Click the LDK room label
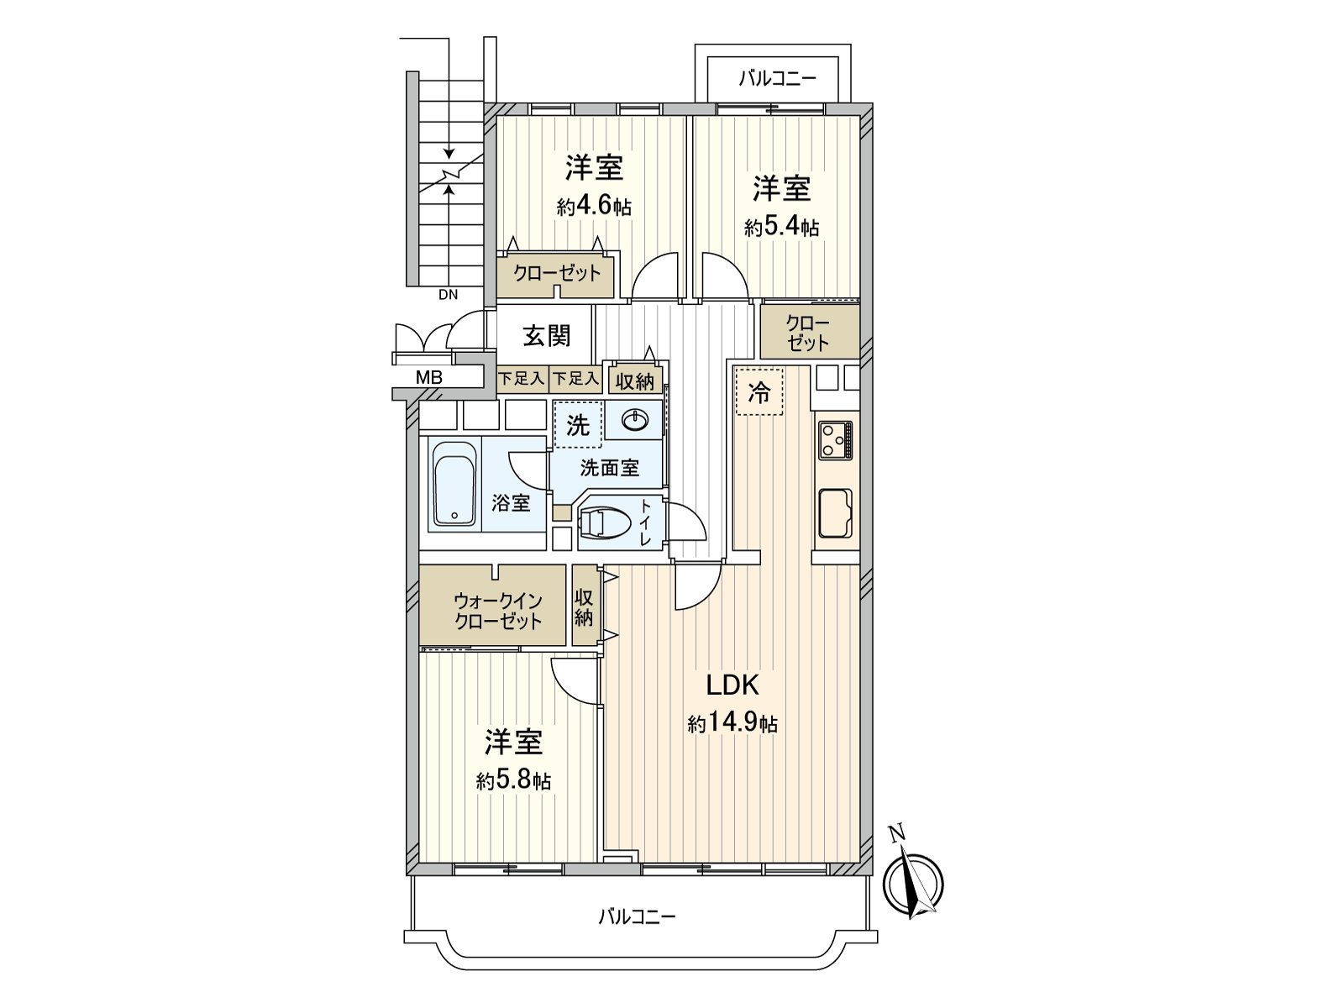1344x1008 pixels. click(732, 685)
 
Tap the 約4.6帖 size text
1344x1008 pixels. click(594, 207)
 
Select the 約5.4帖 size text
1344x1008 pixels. click(781, 227)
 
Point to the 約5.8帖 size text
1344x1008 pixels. click(513, 781)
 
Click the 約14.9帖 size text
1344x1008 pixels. click(732, 723)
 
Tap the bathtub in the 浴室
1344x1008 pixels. click(454, 484)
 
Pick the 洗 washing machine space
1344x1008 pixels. click(577, 425)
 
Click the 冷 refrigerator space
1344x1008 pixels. click(759, 392)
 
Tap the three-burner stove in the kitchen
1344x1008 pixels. click(836, 439)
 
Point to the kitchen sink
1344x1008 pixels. click(835, 512)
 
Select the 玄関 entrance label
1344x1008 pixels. click(547, 335)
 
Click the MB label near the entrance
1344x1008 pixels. click(429, 378)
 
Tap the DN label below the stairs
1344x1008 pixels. click(448, 295)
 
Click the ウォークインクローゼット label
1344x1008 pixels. click(497, 611)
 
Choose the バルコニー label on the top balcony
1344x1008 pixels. click(777, 79)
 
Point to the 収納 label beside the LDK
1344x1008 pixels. click(585, 606)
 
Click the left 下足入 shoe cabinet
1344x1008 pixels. click(522, 380)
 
